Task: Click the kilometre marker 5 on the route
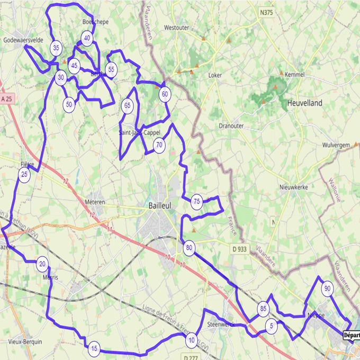click(x=272, y=326)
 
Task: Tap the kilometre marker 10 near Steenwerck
click(x=192, y=340)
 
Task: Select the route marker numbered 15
click(x=94, y=348)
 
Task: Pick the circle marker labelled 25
click(x=24, y=174)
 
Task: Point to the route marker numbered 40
click(x=87, y=38)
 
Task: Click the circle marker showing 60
click(x=165, y=94)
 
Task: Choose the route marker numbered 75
click(x=196, y=201)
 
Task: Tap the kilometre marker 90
click(x=327, y=289)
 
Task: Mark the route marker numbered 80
click(x=189, y=247)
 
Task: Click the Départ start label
click(x=351, y=335)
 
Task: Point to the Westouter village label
click(x=176, y=27)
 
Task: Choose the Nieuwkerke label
click(x=294, y=187)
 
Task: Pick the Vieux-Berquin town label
click(x=23, y=342)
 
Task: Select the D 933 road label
click(x=241, y=248)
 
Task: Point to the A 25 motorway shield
click(x=7, y=99)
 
